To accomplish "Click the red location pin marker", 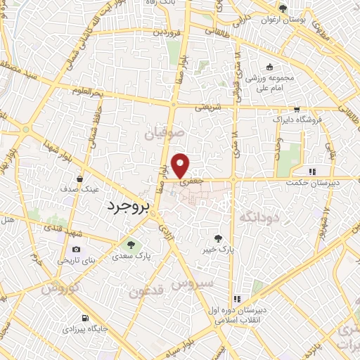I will (181, 165).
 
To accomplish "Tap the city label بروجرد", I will (130, 207).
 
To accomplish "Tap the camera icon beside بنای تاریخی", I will (76, 250).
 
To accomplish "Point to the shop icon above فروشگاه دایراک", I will (297, 109).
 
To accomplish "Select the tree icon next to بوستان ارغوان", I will (282, 9).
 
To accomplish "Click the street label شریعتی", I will (207, 108).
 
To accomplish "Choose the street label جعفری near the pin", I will (189, 181).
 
